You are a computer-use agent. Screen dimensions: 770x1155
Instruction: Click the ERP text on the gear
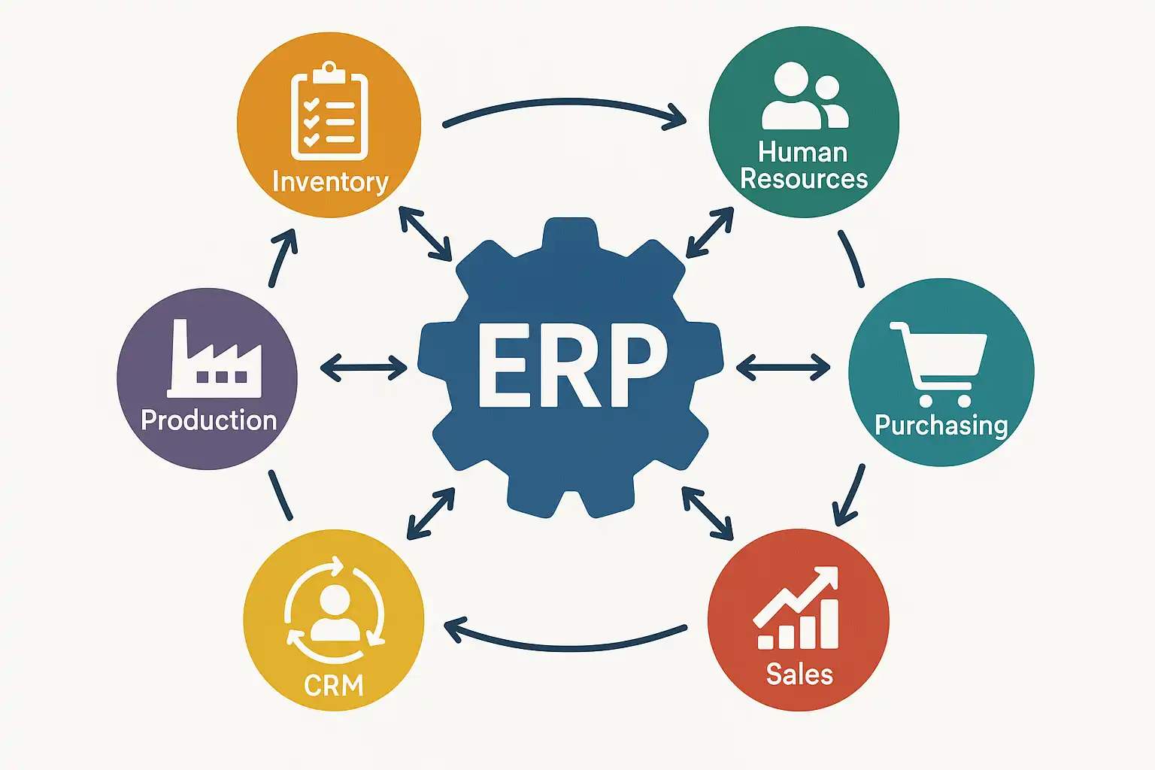point(571,366)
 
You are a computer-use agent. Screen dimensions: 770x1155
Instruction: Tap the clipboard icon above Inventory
point(329,113)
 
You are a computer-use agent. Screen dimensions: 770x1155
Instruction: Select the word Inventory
point(330,182)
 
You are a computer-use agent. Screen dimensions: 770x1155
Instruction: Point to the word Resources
point(804,180)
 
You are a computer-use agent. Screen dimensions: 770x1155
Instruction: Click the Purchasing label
point(941,426)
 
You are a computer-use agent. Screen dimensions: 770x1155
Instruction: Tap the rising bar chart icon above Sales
point(798,609)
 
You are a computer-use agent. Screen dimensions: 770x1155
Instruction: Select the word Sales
point(799,675)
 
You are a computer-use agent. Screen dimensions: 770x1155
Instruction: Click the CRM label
point(334,685)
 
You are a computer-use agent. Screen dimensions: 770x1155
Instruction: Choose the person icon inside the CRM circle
point(335,612)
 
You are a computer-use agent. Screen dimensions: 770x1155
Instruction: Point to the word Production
point(209,420)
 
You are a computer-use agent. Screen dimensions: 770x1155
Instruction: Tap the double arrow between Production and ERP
point(364,368)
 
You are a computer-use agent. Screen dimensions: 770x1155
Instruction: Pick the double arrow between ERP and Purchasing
point(783,368)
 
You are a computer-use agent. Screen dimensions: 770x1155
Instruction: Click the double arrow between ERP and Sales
point(708,513)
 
